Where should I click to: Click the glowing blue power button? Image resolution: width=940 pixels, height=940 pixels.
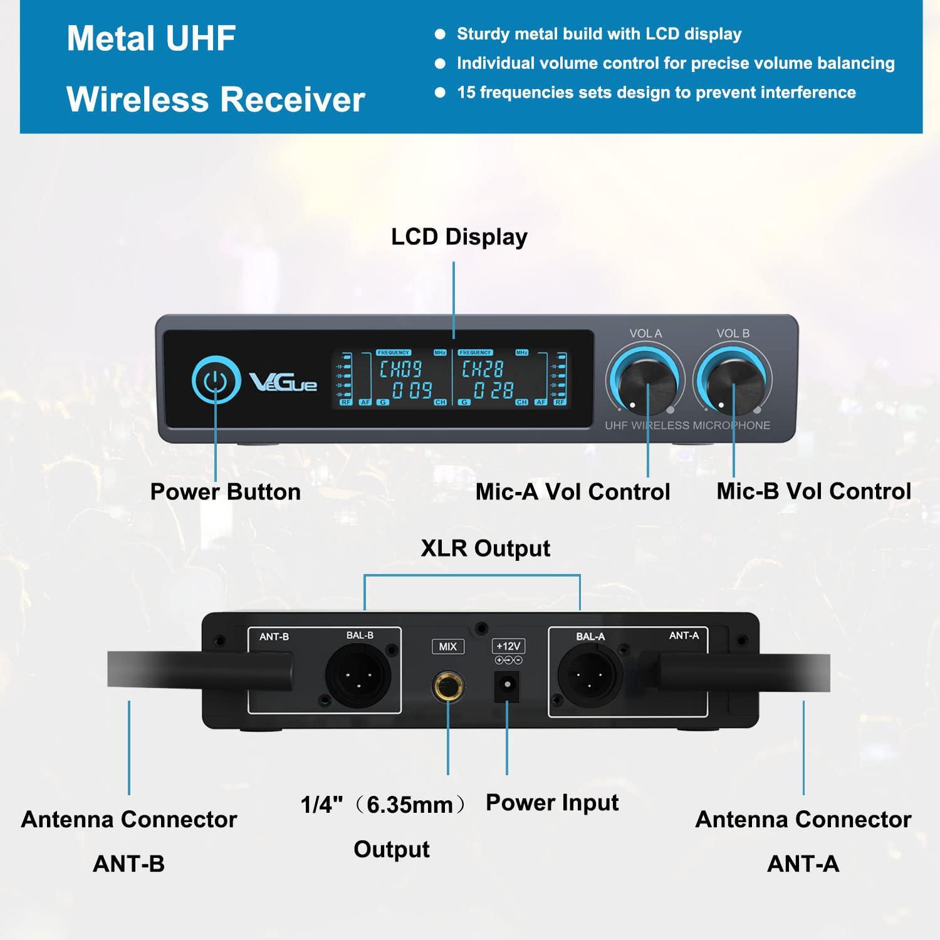(x=216, y=380)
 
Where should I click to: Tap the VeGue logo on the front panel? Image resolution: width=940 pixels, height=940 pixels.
(x=284, y=382)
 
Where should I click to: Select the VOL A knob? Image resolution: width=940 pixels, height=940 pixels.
(x=645, y=379)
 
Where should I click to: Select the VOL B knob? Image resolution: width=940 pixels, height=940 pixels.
(x=733, y=379)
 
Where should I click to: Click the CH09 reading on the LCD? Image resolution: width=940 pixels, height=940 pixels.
(x=401, y=368)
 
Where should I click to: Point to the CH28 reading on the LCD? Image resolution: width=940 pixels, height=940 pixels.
(x=483, y=368)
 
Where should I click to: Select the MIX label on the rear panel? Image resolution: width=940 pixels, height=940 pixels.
(x=447, y=646)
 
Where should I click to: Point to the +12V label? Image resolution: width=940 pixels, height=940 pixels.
(x=508, y=646)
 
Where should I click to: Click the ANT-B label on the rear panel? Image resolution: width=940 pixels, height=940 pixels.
(x=274, y=637)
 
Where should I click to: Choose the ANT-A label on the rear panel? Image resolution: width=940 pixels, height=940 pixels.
(x=684, y=635)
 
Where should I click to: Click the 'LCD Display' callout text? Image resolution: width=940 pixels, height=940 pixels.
(x=459, y=237)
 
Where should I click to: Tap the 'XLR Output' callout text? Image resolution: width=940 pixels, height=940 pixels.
(x=486, y=548)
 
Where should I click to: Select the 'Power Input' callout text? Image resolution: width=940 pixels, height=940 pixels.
(x=552, y=803)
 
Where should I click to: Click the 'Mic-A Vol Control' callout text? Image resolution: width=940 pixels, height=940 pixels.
(x=573, y=492)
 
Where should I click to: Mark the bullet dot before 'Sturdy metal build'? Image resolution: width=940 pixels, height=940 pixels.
(x=440, y=34)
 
